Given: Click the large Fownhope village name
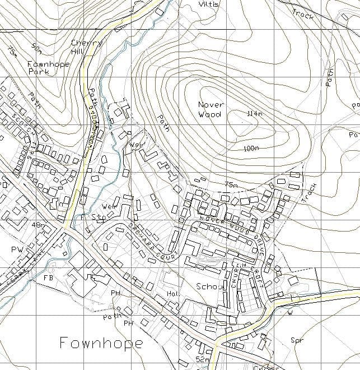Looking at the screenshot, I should [x=101, y=342].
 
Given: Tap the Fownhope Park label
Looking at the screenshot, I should [x=49, y=68].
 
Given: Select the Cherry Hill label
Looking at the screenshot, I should [x=87, y=47].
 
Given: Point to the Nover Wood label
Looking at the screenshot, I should [x=211, y=109].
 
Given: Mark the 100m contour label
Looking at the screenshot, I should [x=251, y=148].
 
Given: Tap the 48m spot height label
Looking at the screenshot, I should [x=39, y=225].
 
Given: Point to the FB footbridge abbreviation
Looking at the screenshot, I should [x=48, y=277].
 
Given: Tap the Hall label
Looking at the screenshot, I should [x=172, y=294].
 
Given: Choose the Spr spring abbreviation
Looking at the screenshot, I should [x=296, y=340].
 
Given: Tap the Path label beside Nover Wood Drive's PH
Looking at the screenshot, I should [x=111, y=317].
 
